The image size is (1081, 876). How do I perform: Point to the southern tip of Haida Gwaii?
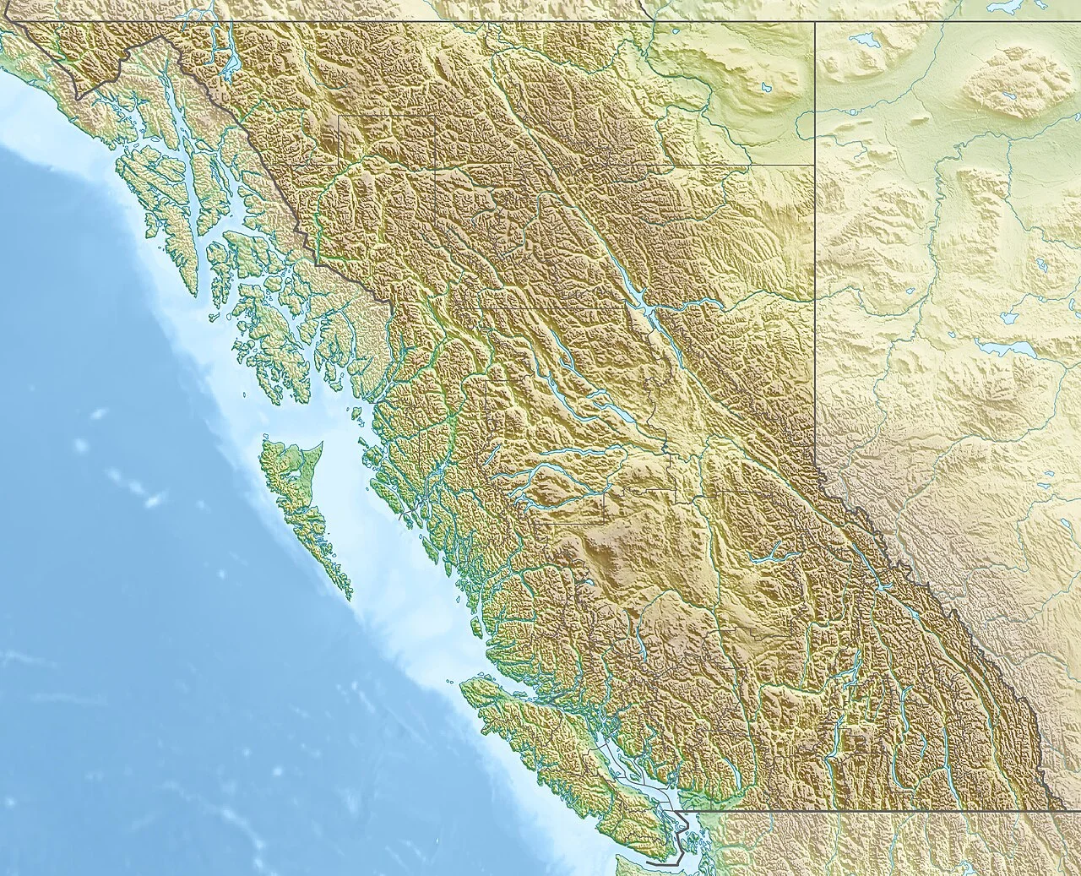pyautogui.click(x=347, y=595)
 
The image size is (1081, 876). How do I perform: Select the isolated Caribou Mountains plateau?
pyautogui.click(x=1013, y=80)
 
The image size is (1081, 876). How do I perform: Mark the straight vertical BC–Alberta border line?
pyautogui.click(x=815, y=253)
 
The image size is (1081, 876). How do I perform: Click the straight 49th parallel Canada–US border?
pyautogui.click(x=887, y=812)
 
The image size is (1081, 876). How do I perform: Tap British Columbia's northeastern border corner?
pyautogui.click(x=815, y=23)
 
